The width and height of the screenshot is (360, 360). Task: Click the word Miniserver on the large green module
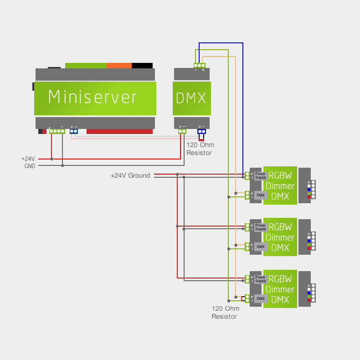pyautogui.click(x=93, y=97)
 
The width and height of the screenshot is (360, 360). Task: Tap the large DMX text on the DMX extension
pyautogui.click(x=191, y=98)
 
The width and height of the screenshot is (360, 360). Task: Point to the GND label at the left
pyautogui.click(x=30, y=166)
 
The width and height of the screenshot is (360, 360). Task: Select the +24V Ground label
pyautogui.click(x=130, y=175)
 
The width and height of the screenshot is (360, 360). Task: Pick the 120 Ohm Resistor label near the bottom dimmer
pyautogui.click(x=225, y=313)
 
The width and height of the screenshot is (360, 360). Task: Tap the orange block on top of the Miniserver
pyautogui.click(x=119, y=65)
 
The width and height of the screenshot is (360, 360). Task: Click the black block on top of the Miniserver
pyautogui.click(x=142, y=65)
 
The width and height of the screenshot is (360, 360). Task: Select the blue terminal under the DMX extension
pyautogui.click(x=201, y=131)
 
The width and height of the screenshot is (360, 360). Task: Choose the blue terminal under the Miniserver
pyautogui.click(x=74, y=131)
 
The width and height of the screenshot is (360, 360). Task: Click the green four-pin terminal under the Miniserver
pyautogui.click(x=57, y=131)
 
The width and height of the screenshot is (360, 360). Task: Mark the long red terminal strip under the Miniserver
pyautogui.click(x=119, y=131)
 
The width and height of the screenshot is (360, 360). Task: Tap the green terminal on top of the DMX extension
pyautogui.click(x=199, y=65)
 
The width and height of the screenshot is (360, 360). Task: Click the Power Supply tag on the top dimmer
pyautogui.click(x=260, y=175)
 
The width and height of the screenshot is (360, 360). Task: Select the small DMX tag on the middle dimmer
pyautogui.click(x=260, y=247)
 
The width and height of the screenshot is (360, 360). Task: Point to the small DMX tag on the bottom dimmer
pyautogui.click(x=260, y=298)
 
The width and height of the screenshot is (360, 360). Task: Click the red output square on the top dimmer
pyautogui.click(x=309, y=197)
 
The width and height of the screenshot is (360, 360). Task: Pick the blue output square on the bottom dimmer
pyautogui.click(x=309, y=293)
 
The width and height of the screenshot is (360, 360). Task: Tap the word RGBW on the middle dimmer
pyautogui.click(x=280, y=227)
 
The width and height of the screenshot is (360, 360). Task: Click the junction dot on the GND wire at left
pyautogui.click(x=62, y=165)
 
